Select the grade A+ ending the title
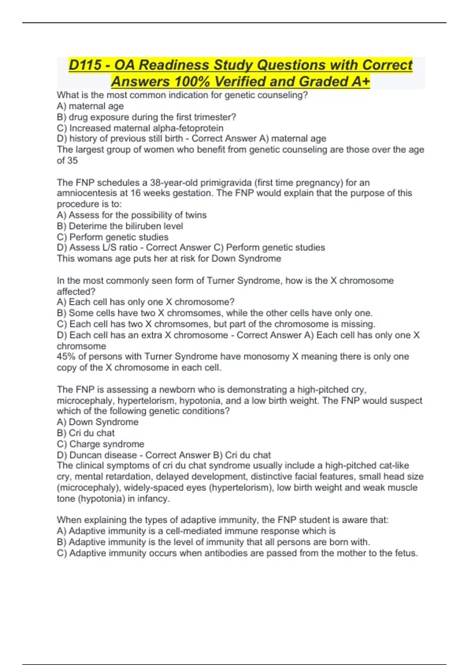360,81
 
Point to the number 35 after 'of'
72,160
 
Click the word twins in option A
196,215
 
